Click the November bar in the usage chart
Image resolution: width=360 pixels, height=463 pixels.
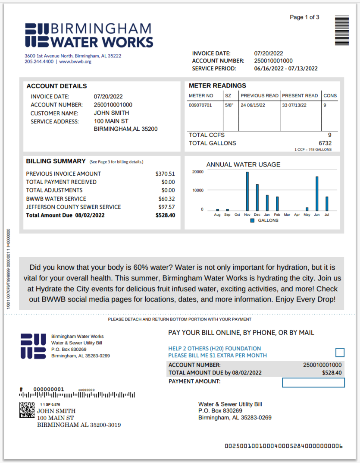[x=247, y=191]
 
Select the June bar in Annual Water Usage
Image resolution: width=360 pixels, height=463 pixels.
[x=317, y=193]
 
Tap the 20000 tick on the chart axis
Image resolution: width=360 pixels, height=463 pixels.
[x=197, y=172]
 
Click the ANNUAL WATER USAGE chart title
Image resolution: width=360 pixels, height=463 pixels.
[x=243, y=164]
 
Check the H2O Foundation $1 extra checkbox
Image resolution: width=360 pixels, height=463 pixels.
[x=340, y=353]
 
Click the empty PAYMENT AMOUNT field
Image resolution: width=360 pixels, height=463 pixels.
[x=313, y=382]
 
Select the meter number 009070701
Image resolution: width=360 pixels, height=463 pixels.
[x=201, y=105]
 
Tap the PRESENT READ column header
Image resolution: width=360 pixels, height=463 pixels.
[x=300, y=95]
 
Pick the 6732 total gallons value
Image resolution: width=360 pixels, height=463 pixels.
[x=325, y=143]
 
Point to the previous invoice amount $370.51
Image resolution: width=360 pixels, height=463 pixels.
[x=165, y=174]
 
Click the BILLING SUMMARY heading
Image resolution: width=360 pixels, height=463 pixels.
[x=56, y=161]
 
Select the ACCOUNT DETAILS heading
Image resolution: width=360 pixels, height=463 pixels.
[x=56, y=86]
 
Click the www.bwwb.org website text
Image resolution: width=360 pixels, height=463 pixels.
[x=75, y=62]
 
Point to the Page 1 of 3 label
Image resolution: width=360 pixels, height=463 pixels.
[x=304, y=17]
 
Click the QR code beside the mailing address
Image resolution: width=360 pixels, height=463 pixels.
[x=27, y=409]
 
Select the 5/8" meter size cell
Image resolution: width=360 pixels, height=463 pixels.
[x=229, y=105]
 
